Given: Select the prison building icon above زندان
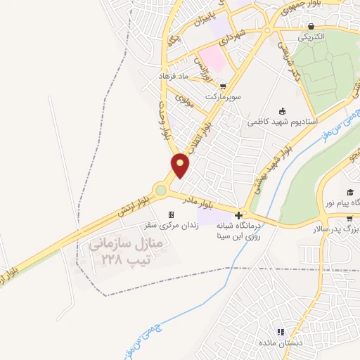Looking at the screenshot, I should click(x=170, y=214).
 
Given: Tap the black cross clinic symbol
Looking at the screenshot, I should click(x=240, y=215).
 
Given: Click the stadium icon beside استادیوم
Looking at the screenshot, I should click(x=283, y=110).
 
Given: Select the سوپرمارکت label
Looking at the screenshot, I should click(x=224, y=94).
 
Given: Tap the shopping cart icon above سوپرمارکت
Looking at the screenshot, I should click(x=212, y=82).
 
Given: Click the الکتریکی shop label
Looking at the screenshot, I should click(x=310, y=35).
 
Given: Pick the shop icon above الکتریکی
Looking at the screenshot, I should click(x=311, y=25).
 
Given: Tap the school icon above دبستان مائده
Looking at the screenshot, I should click(x=281, y=331).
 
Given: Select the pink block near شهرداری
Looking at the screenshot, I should click(x=213, y=58).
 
